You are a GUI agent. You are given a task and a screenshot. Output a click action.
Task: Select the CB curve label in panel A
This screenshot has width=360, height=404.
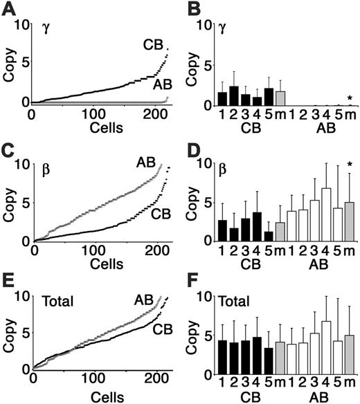154,43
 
